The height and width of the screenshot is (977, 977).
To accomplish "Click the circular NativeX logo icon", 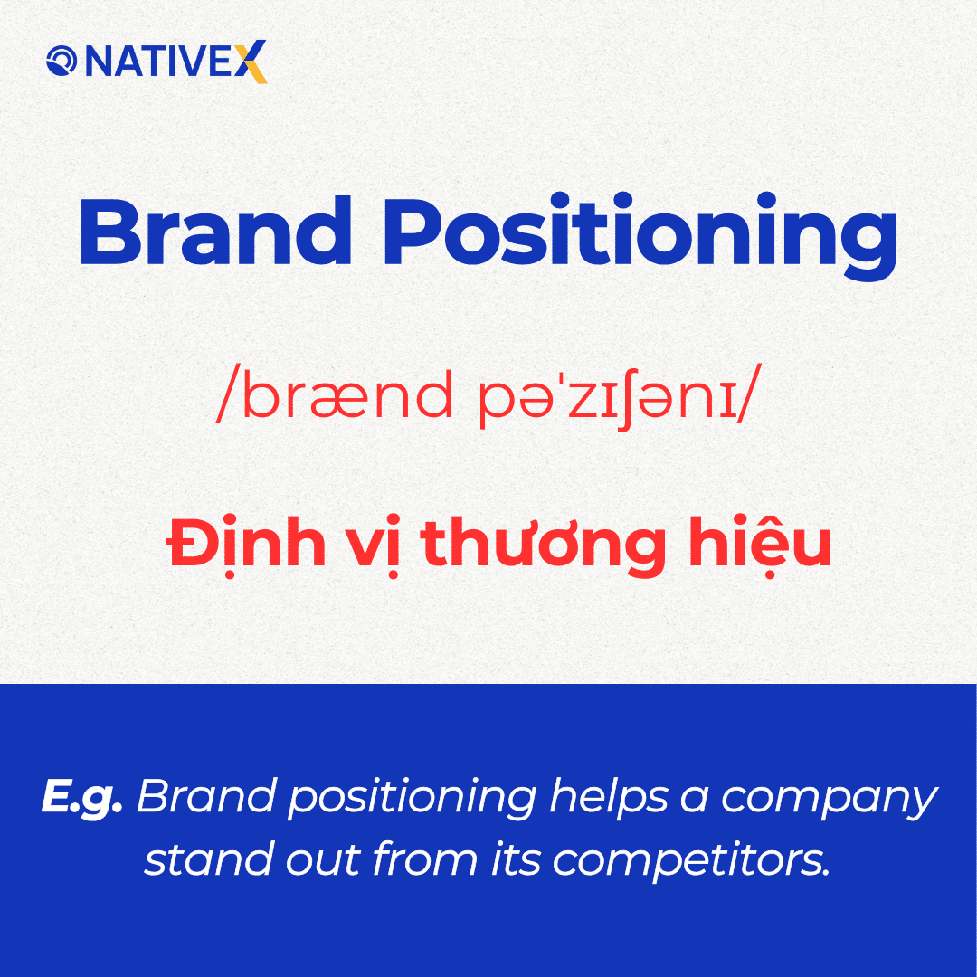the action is click(62, 62).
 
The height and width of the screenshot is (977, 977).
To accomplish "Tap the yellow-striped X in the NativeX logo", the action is click(251, 62).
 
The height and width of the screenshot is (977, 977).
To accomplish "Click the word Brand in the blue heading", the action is click(215, 232).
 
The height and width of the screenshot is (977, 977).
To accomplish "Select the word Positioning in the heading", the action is click(640, 233).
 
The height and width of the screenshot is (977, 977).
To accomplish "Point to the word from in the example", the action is click(425, 858).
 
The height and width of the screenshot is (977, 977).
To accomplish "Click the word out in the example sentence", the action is click(324, 860).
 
